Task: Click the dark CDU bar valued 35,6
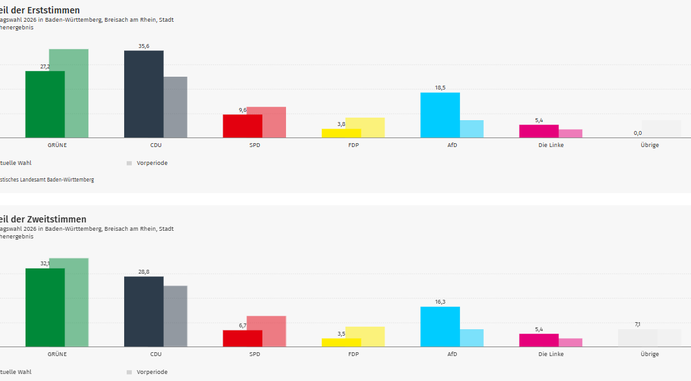click(143, 94)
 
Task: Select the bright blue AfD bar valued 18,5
click(440, 115)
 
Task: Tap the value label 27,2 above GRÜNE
click(45, 66)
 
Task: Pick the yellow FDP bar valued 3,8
click(341, 133)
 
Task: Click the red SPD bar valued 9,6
click(242, 126)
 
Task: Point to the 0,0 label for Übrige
click(637, 133)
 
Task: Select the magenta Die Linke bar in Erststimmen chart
click(538, 131)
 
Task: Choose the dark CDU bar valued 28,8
click(143, 311)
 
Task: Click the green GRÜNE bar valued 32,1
click(45, 307)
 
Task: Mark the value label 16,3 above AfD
click(440, 302)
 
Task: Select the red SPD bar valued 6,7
click(242, 338)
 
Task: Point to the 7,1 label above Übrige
click(637, 325)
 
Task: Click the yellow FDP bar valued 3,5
click(341, 343)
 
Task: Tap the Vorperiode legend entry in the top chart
click(152, 163)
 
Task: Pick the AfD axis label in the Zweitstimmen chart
click(452, 354)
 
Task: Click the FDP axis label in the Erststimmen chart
click(353, 145)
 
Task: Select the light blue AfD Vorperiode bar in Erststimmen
click(472, 128)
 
